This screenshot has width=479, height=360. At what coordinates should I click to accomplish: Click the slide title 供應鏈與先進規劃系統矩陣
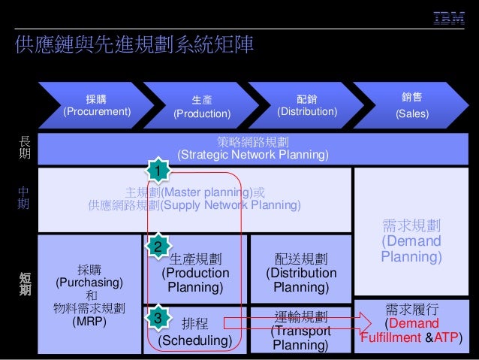point(135,44)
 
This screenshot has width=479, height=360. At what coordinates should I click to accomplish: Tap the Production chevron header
point(201,106)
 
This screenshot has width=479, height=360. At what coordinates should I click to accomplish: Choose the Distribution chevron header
point(307,106)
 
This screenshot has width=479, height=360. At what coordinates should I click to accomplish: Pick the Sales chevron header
point(412,106)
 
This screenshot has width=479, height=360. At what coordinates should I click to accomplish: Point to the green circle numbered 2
point(157,247)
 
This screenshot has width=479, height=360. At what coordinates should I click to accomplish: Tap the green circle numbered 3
point(157,319)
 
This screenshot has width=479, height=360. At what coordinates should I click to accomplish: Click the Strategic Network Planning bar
point(253,148)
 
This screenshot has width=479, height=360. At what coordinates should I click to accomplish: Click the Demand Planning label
point(411,241)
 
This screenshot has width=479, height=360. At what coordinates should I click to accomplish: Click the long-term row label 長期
point(23,147)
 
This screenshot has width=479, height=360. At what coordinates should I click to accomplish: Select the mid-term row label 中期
point(23,198)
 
